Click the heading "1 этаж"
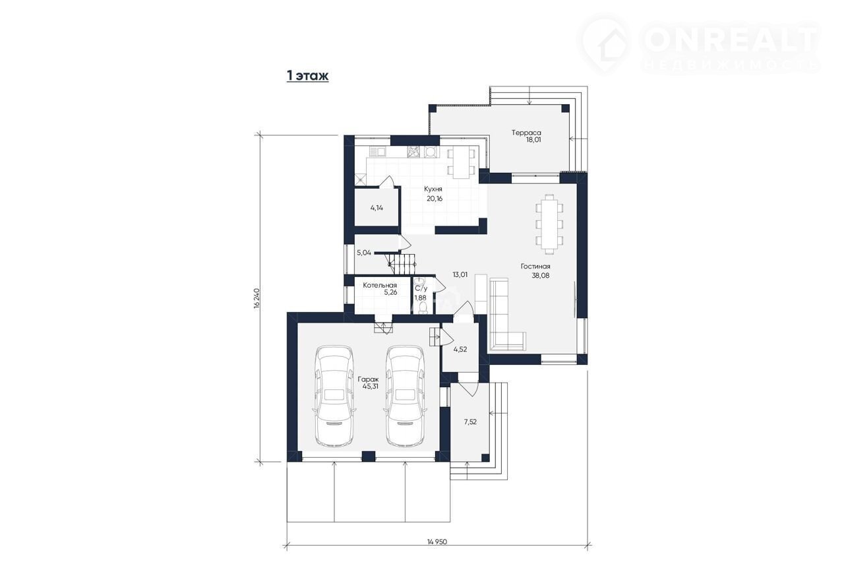[x=307, y=75]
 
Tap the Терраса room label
[x=526, y=133]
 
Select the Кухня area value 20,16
[x=435, y=199]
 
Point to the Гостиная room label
[x=535, y=266]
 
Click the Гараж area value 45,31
[x=371, y=387]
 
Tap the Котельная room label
[x=380, y=286]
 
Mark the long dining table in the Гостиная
[x=549, y=224]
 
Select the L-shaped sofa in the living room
[x=507, y=314]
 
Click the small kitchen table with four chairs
[x=461, y=162]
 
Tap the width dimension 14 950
[x=437, y=542]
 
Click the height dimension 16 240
[x=257, y=299]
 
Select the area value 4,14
[x=377, y=208]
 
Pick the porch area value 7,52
[x=470, y=422]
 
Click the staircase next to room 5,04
[x=400, y=264]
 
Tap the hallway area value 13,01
[x=460, y=275]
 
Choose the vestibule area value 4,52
[x=460, y=350]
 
